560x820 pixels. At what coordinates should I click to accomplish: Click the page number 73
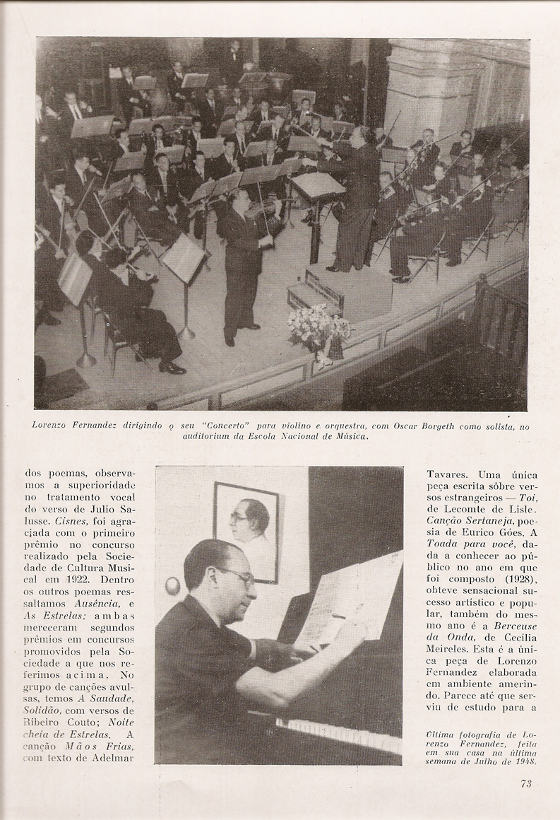click(x=525, y=783)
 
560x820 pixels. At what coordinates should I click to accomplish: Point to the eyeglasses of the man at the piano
click(x=237, y=575)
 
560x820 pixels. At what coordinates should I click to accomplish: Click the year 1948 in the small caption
click(x=523, y=761)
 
